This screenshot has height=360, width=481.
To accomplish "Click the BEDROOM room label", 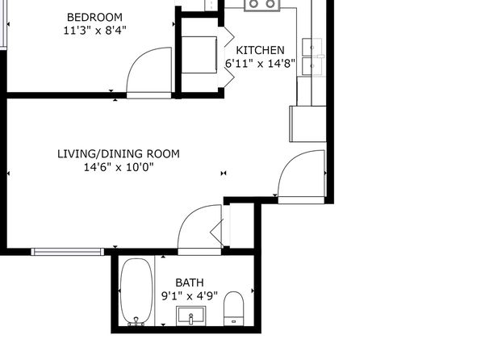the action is [94, 17].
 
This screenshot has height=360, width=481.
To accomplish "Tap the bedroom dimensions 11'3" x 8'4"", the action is [94, 31].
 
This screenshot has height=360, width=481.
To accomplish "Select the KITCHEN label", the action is [260, 50].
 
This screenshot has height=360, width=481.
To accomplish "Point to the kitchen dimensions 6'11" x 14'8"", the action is [260, 64].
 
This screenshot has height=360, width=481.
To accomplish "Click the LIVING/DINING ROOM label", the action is [119, 153].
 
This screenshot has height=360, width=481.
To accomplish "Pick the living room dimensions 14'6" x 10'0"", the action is [119, 167].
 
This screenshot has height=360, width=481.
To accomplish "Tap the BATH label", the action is [190, 283].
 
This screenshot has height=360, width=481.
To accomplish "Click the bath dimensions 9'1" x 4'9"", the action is [190, 296].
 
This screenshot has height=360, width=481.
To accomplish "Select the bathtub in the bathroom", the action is [136, 291].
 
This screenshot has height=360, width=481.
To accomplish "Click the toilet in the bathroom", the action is [233, 308].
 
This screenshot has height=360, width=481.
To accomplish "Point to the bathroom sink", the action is [190, 316].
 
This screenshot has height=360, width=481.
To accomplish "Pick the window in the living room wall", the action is [68, 252].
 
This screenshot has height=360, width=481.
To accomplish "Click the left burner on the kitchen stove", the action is [253, 4].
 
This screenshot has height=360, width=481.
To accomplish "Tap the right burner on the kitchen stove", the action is [270, 4].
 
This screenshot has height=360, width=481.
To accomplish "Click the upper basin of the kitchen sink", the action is [312, 47].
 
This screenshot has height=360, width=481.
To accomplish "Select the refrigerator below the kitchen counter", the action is [308, 124].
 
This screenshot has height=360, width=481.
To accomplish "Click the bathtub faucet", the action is [136, 321].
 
